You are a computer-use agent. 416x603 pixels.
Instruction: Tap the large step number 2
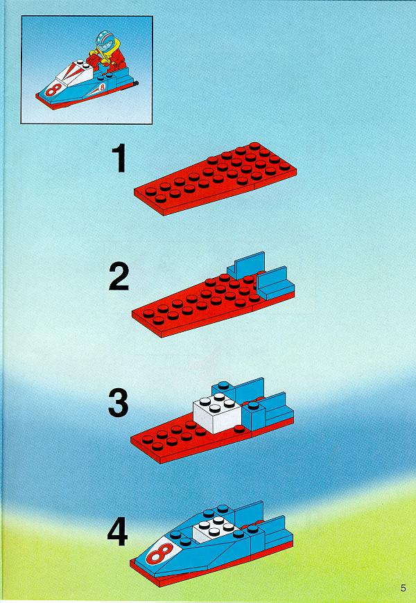[x=119, y=276]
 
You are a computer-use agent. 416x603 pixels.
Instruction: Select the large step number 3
[x=118, y=403]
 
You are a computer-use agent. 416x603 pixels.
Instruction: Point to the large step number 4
[x=118, y=532]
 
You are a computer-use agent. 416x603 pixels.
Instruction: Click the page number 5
[x=403, y=588]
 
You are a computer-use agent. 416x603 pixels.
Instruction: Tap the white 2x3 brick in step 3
[x=217, y=412]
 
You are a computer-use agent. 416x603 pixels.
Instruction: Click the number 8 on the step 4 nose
[x=159, y=553]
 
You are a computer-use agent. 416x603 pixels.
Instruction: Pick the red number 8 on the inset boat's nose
[x=53, y=89]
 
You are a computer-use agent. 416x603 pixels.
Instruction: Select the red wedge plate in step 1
[x=216, y=179]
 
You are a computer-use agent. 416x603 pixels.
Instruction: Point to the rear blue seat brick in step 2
[x=245, y=265]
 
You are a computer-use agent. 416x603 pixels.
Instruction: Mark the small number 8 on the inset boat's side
[x=102, y=87]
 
